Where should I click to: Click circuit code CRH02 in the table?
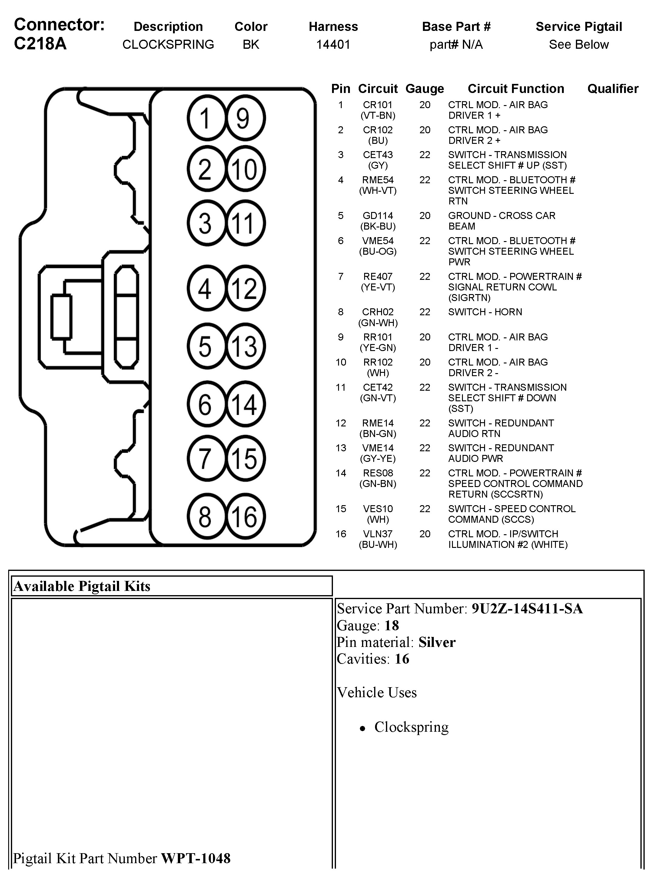pyautogui.click(x=377, y=312)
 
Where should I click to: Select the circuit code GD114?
pyautogui.click(x=377, y=216)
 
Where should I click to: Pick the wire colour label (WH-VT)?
pyautogui.click(x=377, y=191)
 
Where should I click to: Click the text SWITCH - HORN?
pyautogui.click(x=485, y=312)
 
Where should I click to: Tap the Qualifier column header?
pyautogui.click(x=613, y=89)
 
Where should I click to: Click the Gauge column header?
pyautogui.click(x=425, y=89)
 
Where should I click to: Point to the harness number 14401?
pyautogui.click(x=333, y=45)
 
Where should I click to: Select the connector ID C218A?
pyautogui.click(x=40, y=44)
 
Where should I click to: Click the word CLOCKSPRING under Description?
pyautogui.click(x=168, y=45)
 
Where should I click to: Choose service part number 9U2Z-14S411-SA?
pyautogui.click(x=527, y=609)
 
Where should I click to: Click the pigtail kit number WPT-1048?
pyautogui.click(x=196, y=858)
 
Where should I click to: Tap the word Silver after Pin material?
pyautogui.click(x=437, y=642)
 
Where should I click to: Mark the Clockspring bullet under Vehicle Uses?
pyautogui.click(x=411, y=727)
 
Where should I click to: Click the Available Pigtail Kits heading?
pyautogui.click(x=82, y=586)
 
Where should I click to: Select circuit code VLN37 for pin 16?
pyautogui.click(x=377, y=534)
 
